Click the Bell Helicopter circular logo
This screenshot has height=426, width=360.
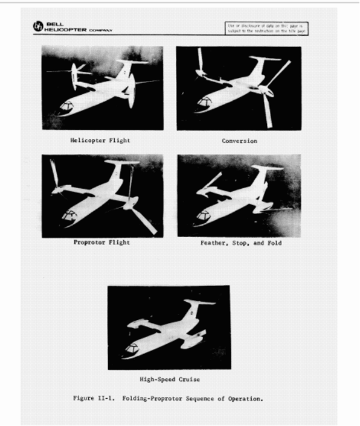[x=37, y=27]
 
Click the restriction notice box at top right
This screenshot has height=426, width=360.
[x=266, y=28]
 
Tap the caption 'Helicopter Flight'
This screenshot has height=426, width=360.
[x=100, y=141]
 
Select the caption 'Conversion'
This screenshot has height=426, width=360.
[x=239, y=141]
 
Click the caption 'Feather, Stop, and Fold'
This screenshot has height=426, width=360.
[x=241, y=243]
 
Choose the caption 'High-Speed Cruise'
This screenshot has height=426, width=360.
[x=169, y=380]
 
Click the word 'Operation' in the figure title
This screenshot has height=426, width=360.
[x=246, y=398]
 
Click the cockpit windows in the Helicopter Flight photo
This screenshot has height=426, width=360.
[x=66, y=106]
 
